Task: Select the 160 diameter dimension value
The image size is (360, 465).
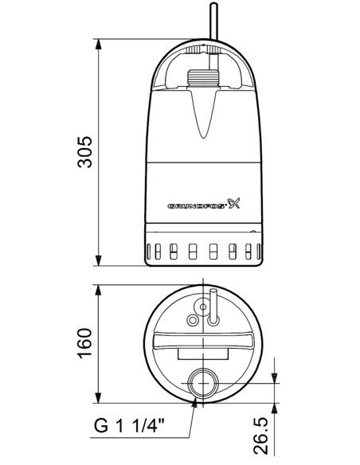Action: click(84, 342)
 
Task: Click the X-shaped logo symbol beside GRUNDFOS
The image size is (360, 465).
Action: click(233, 202)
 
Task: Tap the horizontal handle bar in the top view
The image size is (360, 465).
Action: click(204, 342)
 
